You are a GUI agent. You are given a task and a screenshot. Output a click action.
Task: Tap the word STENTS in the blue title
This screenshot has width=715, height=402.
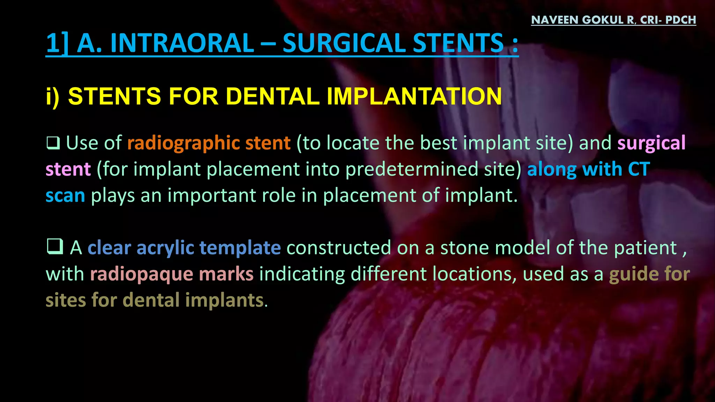tap(458, 43)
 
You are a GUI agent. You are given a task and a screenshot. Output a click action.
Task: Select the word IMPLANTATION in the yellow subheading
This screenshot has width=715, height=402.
tap(414, 96)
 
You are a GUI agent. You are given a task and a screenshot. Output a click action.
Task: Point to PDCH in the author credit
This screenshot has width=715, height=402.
tap(680, 20)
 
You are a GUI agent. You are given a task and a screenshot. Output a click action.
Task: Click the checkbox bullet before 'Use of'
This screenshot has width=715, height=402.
tap(53, 143)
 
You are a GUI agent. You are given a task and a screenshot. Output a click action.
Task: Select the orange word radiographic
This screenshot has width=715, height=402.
tap(183, 143)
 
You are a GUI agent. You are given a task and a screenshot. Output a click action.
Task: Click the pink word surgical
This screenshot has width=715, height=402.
tap(651, 143)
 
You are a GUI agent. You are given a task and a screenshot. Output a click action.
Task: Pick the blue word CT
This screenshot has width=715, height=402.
tap(639, 169)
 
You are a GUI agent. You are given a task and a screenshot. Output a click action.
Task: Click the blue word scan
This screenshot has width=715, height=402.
tap(65, 195)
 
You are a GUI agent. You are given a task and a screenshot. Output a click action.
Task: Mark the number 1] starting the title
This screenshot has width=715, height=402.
tap(57, 43)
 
